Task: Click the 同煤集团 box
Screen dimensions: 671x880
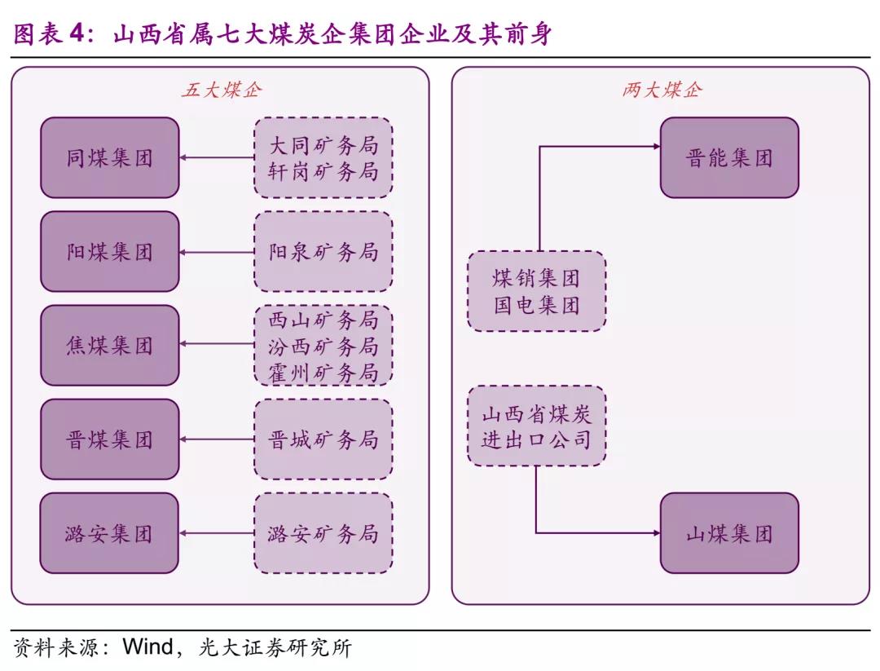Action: (x=109, y=157)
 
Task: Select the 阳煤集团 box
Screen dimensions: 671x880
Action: (x=109, y=251)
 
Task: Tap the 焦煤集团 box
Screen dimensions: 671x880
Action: (x=109, y=346)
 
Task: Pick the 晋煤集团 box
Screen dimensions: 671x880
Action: (x=109, y=439)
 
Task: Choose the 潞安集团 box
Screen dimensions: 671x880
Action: (x=109, y=533)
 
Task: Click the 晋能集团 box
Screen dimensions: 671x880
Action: (x=729, y=157)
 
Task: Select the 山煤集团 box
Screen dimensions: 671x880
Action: (x=729, y=533)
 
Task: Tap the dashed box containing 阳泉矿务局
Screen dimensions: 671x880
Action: (x=323, y=251)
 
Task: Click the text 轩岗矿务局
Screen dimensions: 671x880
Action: (x=323, y=171)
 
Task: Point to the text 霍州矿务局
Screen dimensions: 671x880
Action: (x=323, y=373)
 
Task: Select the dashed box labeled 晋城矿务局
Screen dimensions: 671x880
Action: (x=323, y=439)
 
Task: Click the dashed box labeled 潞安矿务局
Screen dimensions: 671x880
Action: (x=323, y=533)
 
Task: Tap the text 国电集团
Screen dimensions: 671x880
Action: (x=536, y=305)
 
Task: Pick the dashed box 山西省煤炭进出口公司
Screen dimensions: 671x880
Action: (x=536, y=426)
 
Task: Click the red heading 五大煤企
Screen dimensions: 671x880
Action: (x=222, y=90)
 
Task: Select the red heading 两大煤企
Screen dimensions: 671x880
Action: (x=661, y=90)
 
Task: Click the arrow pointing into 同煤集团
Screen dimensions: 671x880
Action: (x=216, y=157)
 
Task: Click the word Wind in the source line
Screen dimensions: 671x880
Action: (x=147, y=649)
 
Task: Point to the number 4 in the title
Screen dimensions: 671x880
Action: (x=76, y=34)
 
